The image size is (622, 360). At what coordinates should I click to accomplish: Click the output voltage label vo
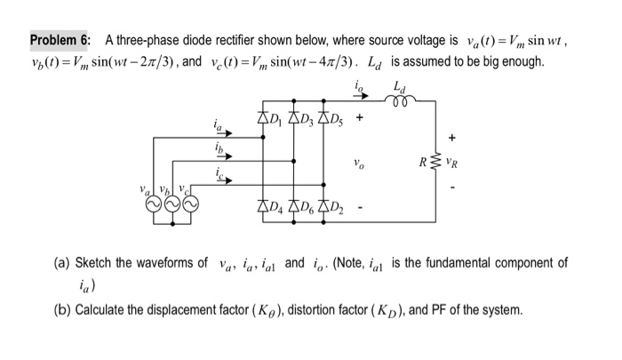(358, 163)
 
